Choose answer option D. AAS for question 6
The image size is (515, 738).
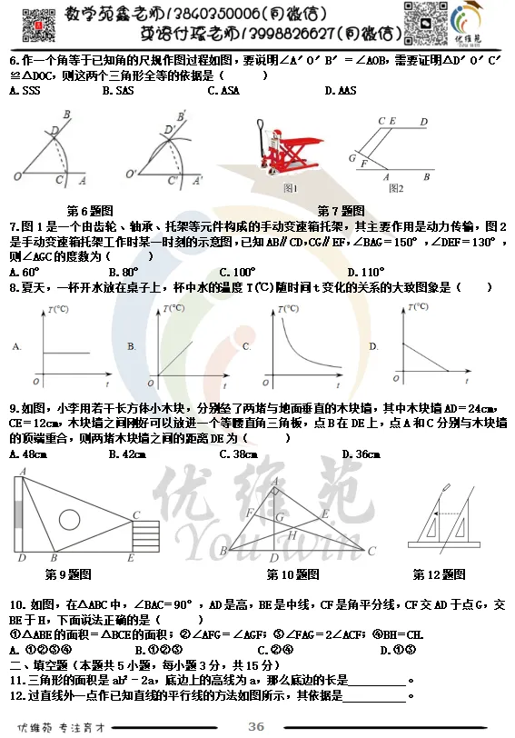341,91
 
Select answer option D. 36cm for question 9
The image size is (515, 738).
361,454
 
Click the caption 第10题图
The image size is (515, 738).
292,574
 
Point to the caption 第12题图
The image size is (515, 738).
439,574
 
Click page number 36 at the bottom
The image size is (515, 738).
256,725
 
